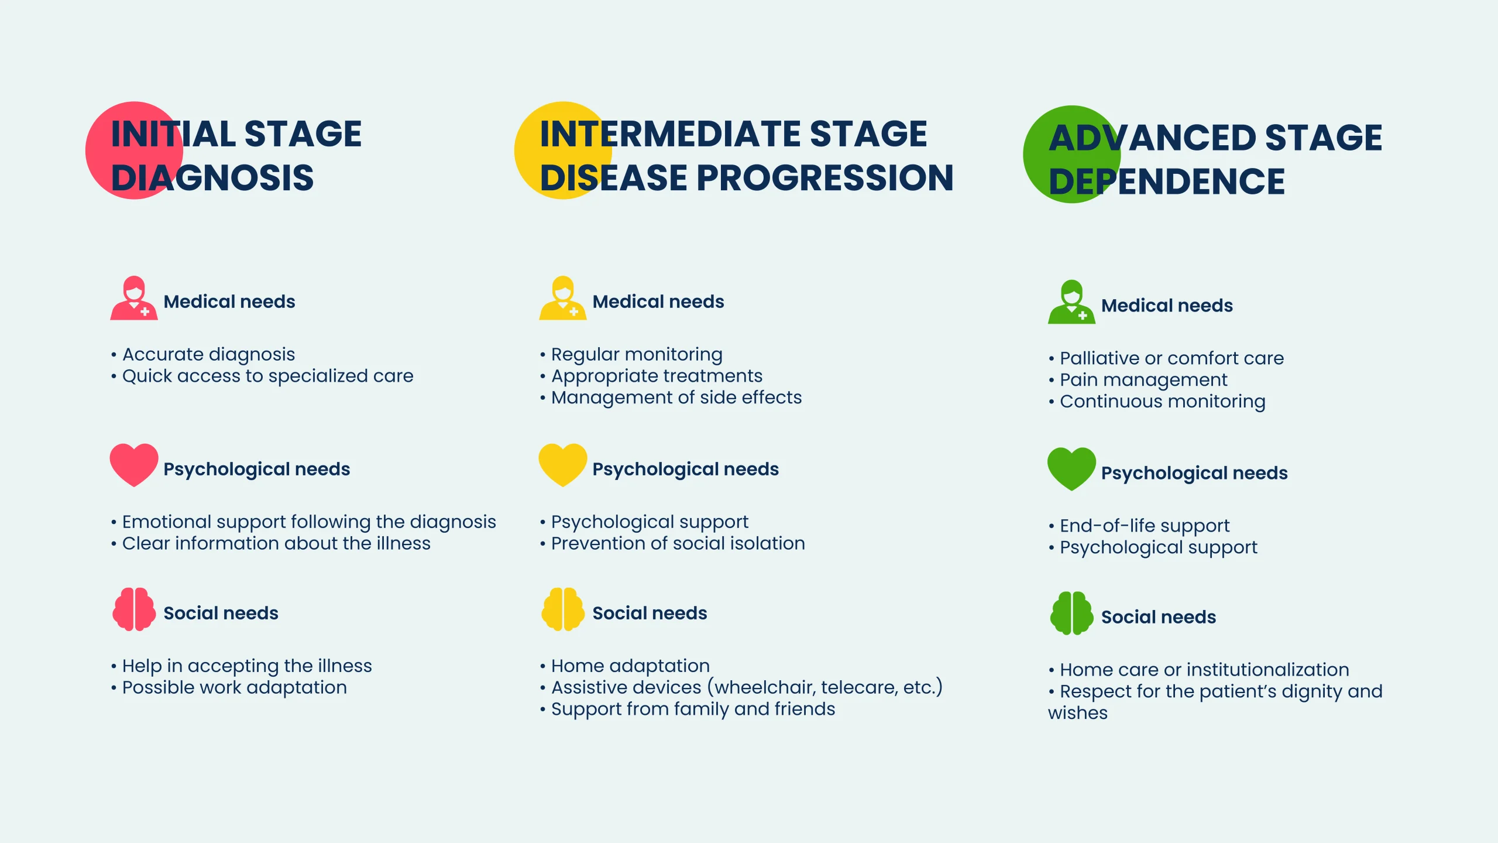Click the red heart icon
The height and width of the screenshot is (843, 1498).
pyautogui.click(x=134, y=465)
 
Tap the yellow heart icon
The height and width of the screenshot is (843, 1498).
pyautogui.click(x=563, y=465)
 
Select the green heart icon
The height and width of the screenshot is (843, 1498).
pyautogui.click(x=1071, y=469)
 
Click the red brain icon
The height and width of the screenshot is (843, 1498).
pyautogui.click(x=134, y=609)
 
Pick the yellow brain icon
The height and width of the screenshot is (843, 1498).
pyautogui.click(x=563, y=609)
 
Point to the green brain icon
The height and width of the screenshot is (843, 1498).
pyautogui.click(x=1071, y=614)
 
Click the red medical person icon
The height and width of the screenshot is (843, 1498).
pyautogui.click(x=134, y=298)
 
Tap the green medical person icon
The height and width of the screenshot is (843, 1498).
pyautogui.click(x=1071, y=302)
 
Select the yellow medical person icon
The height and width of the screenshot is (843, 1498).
pyautogui.click(x=563, y=298)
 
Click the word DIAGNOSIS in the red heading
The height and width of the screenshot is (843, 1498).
pyautogui.click(x=212, y=178)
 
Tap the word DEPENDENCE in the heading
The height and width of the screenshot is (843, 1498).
pyautogui.click(x=1167, y=181)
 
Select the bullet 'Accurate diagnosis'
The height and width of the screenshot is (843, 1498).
pyautogui.click(x=202, y=355)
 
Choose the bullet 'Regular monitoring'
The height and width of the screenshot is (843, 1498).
pyautogui.click(x=631, y=355)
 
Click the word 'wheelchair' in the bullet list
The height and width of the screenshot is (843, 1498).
pyautogui.click(x=762, y=687)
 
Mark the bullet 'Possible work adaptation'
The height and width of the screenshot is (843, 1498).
pyautogui.click(x=229, y=688)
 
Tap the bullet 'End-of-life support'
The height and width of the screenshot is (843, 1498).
pyautogui.click(x=1139, y=526)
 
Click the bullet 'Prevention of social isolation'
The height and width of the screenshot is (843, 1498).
pyautogui.click(x=672, y=544)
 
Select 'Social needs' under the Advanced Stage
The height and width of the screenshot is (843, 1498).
pyautogui.click(x=1159, y=617)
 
